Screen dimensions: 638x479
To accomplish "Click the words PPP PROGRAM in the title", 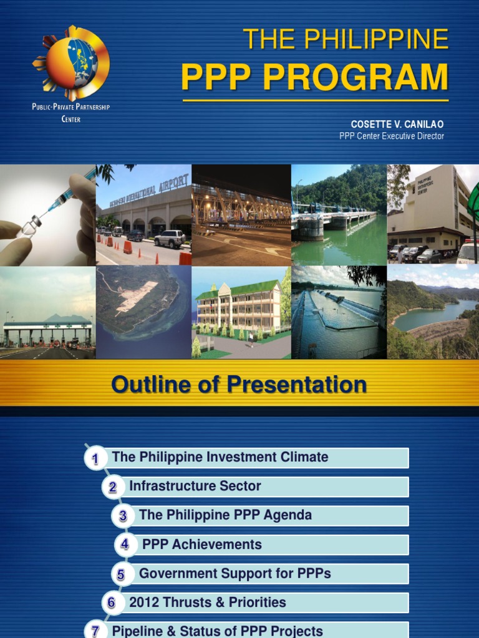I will [314, 77].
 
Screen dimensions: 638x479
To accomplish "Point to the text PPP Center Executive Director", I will [392, 136].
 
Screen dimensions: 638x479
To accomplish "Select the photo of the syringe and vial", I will [47, 215].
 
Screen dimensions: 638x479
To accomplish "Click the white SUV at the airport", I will [170, 239].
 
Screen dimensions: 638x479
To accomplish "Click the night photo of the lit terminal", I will [241, 215].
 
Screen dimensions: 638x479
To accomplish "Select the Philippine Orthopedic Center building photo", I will [433, 215].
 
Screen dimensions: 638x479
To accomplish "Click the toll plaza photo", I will [47, 313].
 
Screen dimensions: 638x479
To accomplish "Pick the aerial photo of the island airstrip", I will [143, 313].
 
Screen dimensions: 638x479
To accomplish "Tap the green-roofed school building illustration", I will [241, 313].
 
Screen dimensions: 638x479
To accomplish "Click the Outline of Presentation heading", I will [239, 384].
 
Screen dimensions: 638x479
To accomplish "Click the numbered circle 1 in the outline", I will [95, 459].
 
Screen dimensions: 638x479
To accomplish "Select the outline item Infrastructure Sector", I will [195, 486].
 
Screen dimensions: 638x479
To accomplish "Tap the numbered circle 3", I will [123, 516].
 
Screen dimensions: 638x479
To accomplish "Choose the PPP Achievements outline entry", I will [202, 545].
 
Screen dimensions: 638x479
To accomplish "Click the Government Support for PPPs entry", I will [235, 573].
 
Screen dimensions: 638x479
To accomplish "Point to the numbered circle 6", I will [112, 602].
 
